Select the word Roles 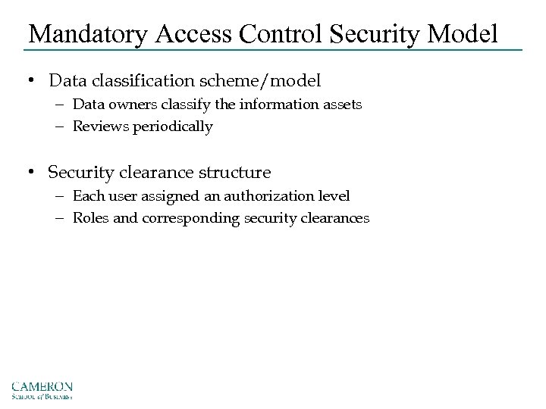(x=90, y=218)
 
